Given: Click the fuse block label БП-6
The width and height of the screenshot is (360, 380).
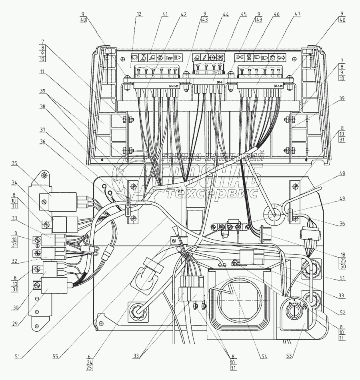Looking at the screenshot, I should coord(220,82).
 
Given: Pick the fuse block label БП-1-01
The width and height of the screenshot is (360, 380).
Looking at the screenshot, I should coord(279,86).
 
